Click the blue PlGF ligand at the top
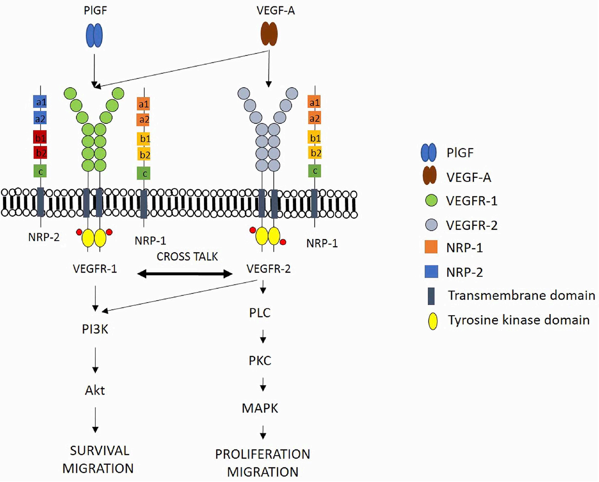tap(94, 35)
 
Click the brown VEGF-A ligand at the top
tap(269, 34)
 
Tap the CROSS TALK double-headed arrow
tap(185, 274)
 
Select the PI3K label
tap(95, 329)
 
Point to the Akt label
tap(95, 390)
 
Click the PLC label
tap(260, 313)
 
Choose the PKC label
tap(260, 361)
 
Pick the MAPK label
tap(260, 408)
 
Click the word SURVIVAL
tap(99, 451)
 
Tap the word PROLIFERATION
tap(263, 454)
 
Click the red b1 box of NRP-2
tap(40, 137)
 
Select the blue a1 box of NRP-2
tap(40, 102)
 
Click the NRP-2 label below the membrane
tap(44, 237)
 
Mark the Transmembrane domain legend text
tap(521, 295)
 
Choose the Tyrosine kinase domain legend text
tap(518, 320)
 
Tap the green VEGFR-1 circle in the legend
tap(431, 200)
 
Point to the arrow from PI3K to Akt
tap(95, 359)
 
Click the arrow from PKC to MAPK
tap(263, 384)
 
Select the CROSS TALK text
tap(187, 257)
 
